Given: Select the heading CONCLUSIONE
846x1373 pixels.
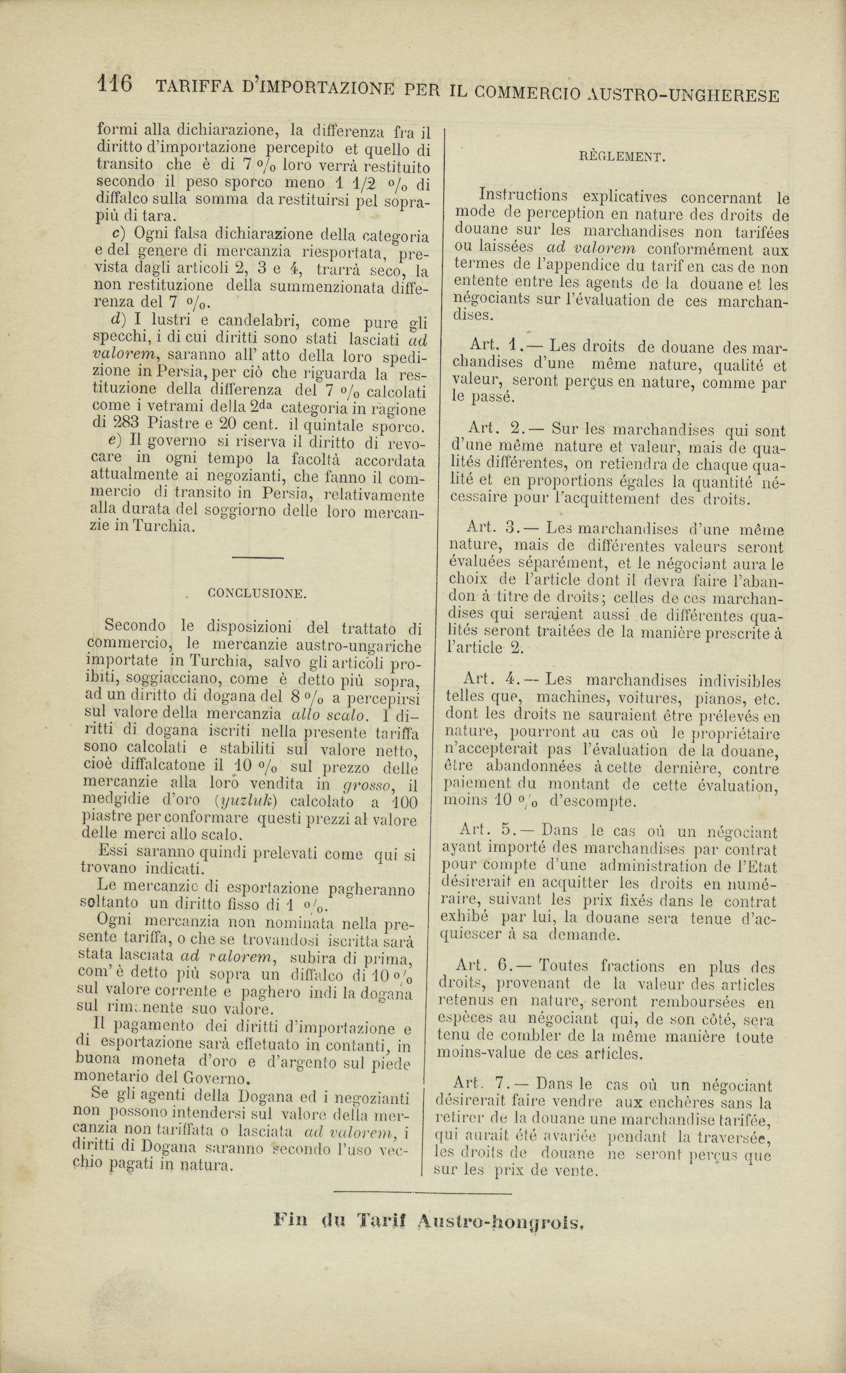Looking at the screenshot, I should coord(257,594).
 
